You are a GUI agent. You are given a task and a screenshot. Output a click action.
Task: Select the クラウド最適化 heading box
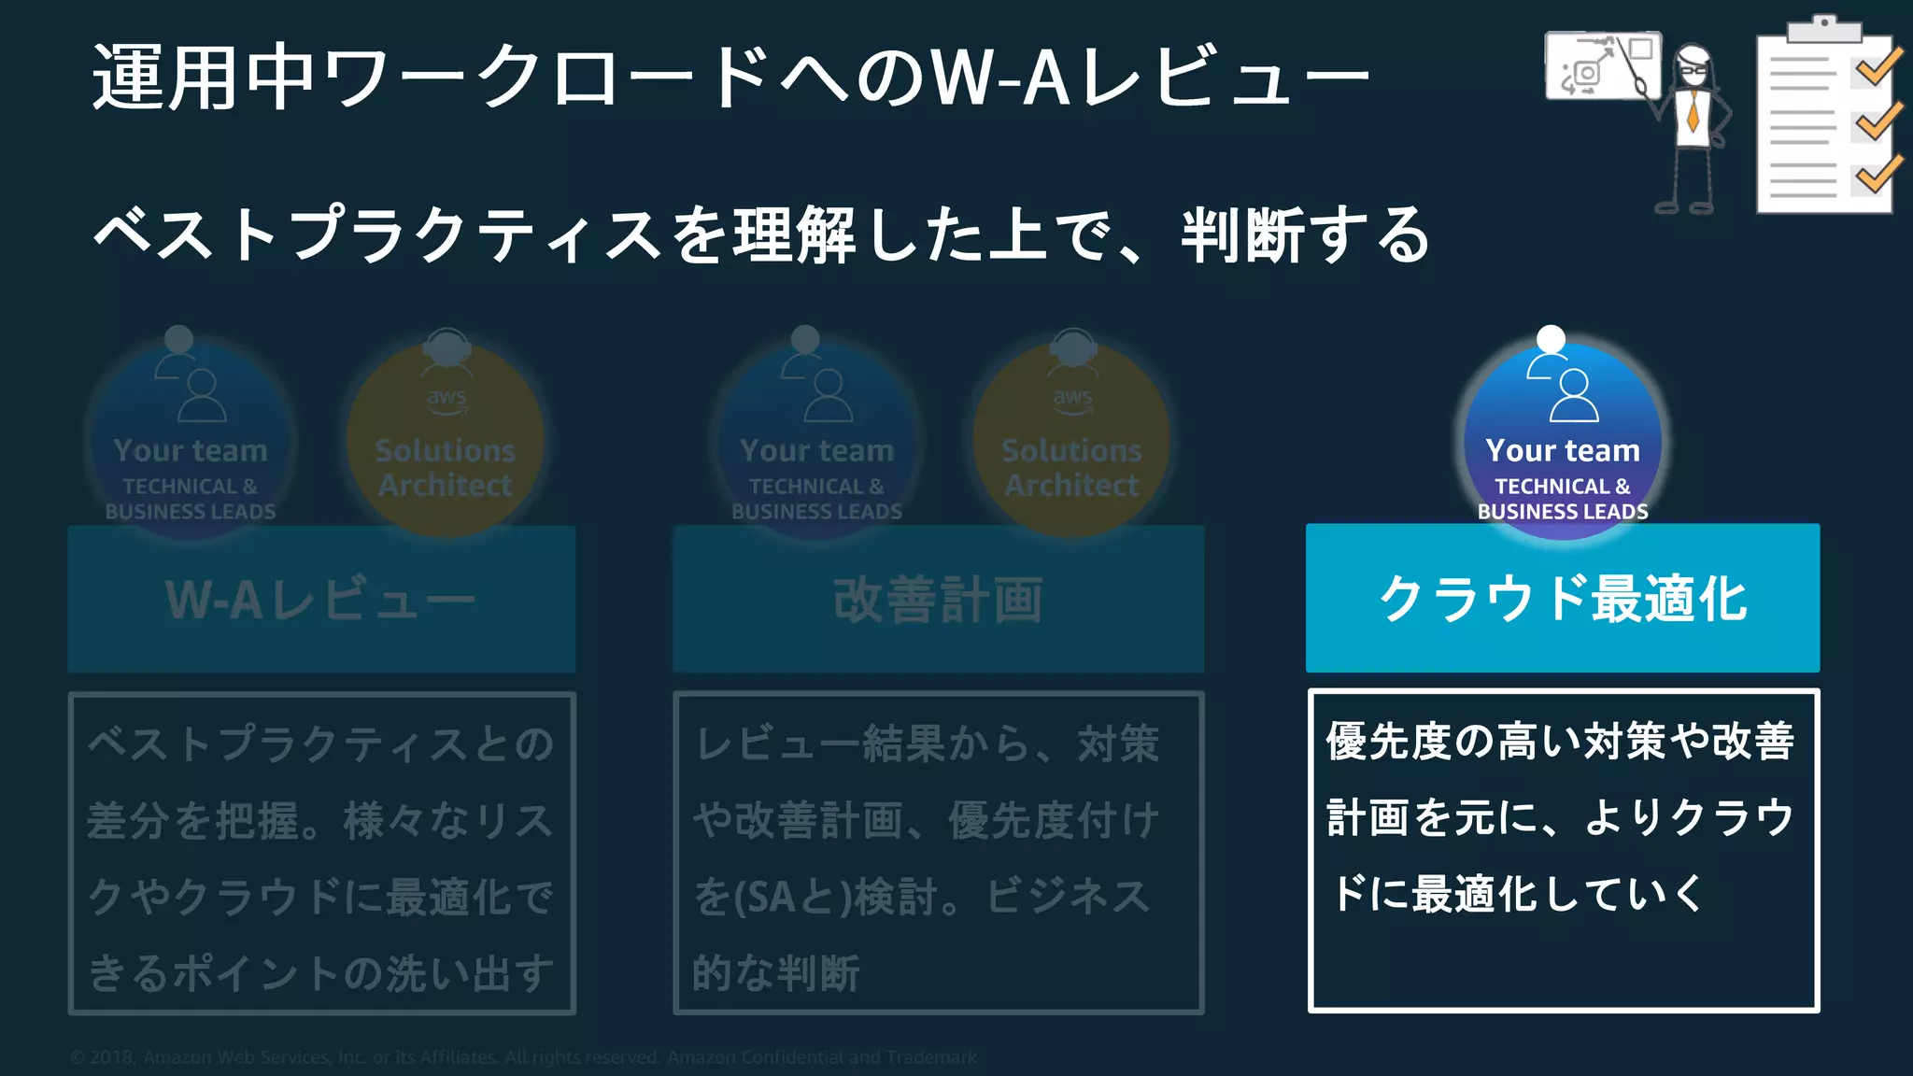(x=1562, y=598)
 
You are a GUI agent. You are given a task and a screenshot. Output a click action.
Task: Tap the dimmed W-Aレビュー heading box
(x=321, y=599)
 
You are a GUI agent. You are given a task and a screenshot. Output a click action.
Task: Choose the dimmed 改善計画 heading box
(x=938, y=599)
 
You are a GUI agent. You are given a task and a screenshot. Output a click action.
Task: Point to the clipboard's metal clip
(x=1823, y=28)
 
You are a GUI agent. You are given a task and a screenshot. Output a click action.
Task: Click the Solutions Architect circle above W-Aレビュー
(x=446, y=439)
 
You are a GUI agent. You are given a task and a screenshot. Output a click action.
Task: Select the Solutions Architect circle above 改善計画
(x=1071, y=439)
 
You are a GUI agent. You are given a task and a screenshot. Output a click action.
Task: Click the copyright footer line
(x=523, y=1057)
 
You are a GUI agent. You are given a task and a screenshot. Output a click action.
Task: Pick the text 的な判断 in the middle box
(x=775, y=973)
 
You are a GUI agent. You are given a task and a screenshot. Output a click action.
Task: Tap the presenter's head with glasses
(x=1693, y=65)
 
